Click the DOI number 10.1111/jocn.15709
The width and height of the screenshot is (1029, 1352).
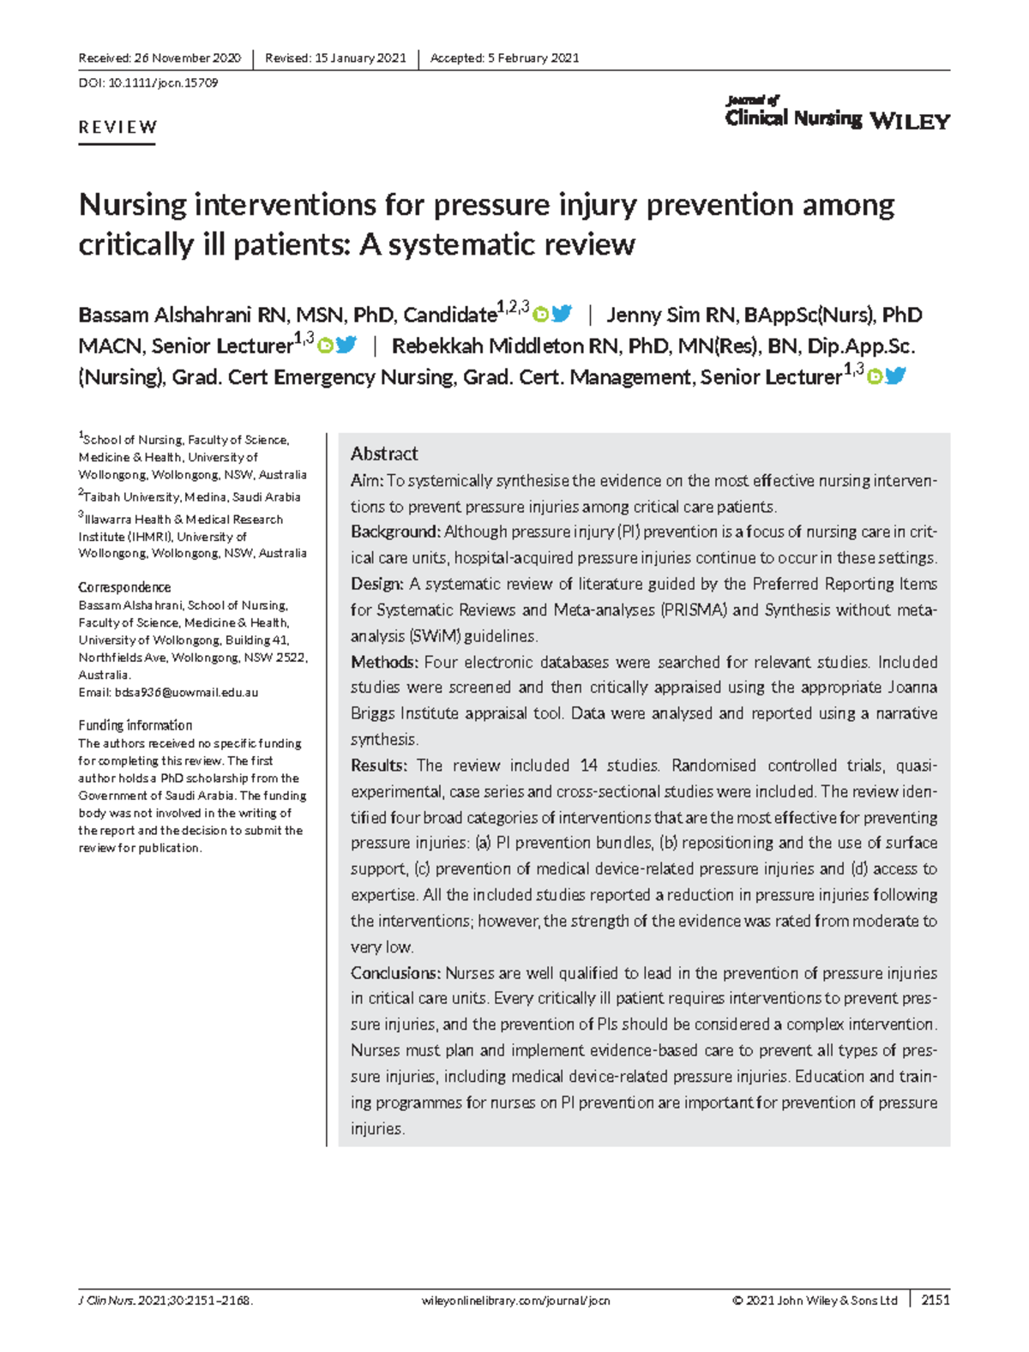pos(163,83)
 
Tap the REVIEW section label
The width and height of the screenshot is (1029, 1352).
pos(117,128)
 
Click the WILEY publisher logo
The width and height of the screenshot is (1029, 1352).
pos(910,122)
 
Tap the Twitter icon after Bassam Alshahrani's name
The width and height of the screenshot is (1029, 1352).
pos(562,314)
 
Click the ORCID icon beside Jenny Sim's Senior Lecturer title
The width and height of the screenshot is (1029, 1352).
pos(325,346)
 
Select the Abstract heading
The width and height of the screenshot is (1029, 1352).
pos(384,454)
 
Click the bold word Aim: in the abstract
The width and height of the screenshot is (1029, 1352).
pos(366,481)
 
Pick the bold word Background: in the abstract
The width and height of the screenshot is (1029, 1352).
pos(395,532)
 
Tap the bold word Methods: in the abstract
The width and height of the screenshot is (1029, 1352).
pos(384,662)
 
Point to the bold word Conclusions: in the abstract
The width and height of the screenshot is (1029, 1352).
pos(395,973)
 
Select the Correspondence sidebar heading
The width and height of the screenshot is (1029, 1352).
pos(124,587)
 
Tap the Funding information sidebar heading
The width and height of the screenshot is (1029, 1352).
pos(135,725)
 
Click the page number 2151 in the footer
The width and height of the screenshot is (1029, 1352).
pos(936,1300)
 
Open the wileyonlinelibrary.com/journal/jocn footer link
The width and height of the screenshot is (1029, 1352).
pos(516,1301)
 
